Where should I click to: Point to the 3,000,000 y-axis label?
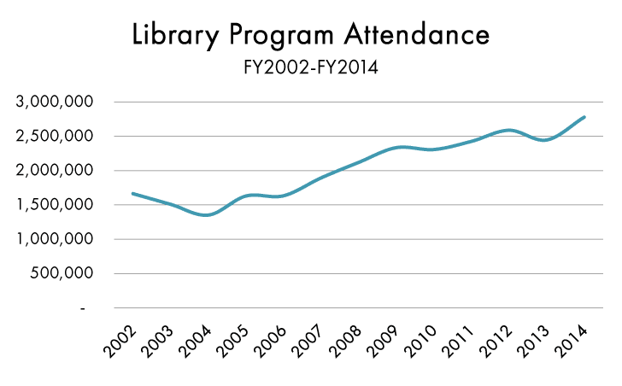click(54, 102)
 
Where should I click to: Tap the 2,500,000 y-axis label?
click(54, 137)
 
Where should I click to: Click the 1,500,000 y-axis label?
click(54, 205)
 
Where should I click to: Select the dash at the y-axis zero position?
click(82, 308)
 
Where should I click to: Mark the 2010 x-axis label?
click(424, 342)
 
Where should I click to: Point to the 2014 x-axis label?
click(574, 342)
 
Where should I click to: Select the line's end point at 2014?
click(584, 117)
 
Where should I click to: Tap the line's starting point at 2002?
click(132, 193)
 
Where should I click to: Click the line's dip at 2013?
click(545, 140)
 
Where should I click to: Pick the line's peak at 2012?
click(508, 130)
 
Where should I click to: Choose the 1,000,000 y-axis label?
click(54, 239)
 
